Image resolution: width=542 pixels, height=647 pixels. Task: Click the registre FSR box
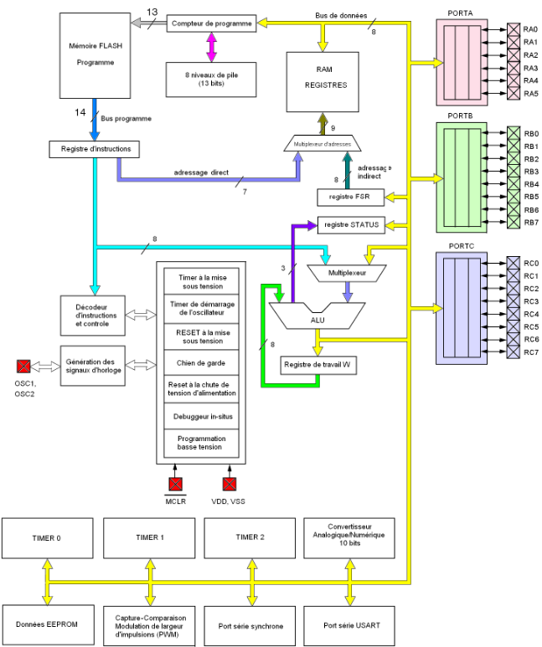pyautogui.click(x=350, y=198)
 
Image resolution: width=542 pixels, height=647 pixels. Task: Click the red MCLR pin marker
pyautogui.click(x=175, y=484)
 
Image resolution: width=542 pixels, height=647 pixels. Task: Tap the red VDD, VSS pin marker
pyautogui.click(x=230, y=484)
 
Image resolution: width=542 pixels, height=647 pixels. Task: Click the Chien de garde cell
pyautogui.click(x=201, y=362)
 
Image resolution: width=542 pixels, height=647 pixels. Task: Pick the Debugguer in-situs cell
pyautogui.click(x=201, y=416)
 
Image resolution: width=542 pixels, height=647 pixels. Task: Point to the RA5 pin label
pyautogui.click(x=530, y=94)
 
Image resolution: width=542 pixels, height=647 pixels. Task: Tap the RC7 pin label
pyautogui.click(x=531, y=352)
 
